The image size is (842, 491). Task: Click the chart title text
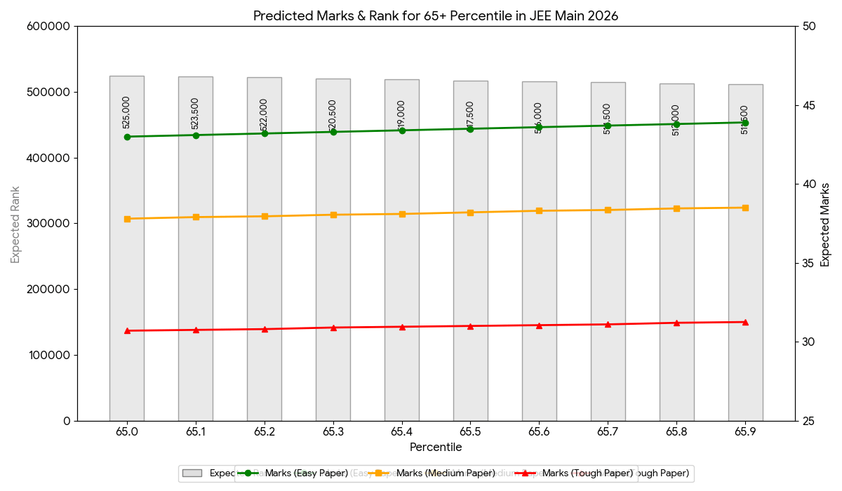coord(436,15)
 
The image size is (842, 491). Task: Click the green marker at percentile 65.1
coord(196,135)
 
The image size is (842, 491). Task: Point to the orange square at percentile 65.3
coord(333,215)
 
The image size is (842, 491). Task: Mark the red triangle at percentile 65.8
coord(676,323)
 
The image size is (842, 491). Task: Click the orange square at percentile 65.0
coord(127,219)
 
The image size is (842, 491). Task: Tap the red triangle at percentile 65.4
coord(402,327)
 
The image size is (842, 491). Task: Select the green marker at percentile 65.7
coord(608,126)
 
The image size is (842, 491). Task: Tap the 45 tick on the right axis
coord(809,105)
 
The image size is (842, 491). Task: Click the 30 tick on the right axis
coord(809,342)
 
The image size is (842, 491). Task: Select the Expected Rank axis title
coord(15,224)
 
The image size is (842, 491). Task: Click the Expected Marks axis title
coord(825,224)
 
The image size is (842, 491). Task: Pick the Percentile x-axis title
coord(436,447)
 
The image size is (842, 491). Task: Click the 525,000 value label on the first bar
coord(126,112)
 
